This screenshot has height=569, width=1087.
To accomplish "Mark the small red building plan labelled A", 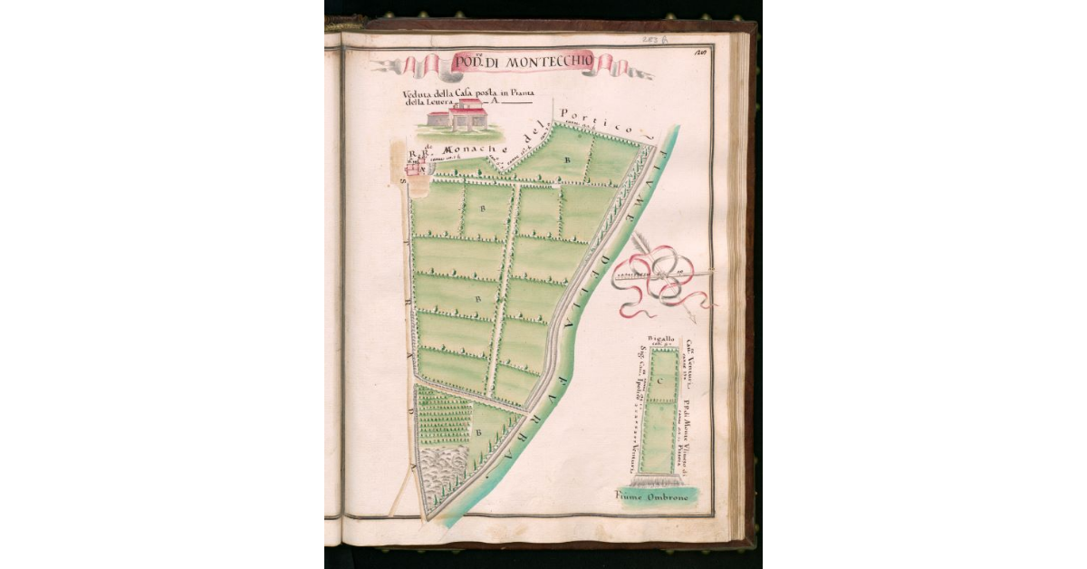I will [x=417, y=167].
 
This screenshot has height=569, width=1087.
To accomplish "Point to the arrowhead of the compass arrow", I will [x=692, y=318].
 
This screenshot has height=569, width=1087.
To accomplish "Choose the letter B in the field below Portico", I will [x=568, y=159].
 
